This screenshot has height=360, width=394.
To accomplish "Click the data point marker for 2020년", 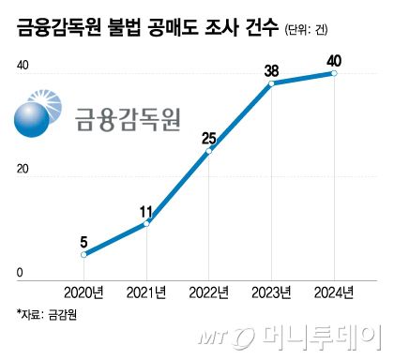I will pyautogui.click(x=83, y=254).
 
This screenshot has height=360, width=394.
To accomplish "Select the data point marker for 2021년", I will pyautogui.click(x=145, y=223).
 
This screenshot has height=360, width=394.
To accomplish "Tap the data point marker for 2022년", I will pyautogui.click(x=208, y=151).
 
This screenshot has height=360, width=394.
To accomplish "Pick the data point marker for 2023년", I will pyautogui.click(x=271, y=83).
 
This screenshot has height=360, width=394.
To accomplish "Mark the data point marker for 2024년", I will pyautogui.click(x=334, y=73).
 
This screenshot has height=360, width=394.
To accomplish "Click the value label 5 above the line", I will pyautogui.click(x=83, y=238).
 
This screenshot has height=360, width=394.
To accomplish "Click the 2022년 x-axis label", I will pyautogui.click(x=208, y=292).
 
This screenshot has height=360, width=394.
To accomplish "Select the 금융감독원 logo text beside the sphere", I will pyautogui.click(x=126, y=119).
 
